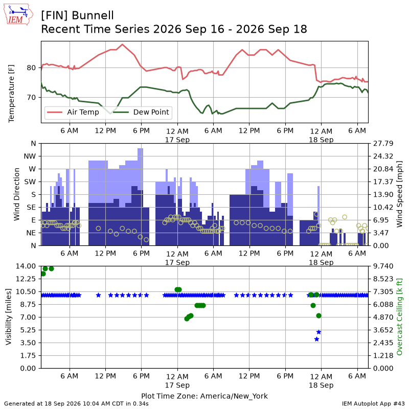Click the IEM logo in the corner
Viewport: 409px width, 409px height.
18,14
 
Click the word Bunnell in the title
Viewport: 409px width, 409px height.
93,15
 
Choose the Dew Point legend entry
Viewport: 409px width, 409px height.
141,112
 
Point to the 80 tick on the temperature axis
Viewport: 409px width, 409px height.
31,68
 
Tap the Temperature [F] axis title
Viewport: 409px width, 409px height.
11,94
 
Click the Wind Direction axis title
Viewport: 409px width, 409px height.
17,194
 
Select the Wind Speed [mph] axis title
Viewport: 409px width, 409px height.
399,194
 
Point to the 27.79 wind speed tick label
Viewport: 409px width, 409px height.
383,144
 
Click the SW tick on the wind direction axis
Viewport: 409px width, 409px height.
30,182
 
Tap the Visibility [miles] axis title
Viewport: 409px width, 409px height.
9,317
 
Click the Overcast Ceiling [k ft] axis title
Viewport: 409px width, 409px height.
399,317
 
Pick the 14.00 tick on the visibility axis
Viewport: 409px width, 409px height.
26,266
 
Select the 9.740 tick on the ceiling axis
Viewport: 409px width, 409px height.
383,266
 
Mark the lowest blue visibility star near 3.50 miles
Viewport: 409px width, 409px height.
316,339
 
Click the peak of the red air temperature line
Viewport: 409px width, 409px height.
122,44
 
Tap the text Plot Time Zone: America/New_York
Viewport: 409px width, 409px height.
204,396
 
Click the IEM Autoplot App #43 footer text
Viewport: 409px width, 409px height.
373,403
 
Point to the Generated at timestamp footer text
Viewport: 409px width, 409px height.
76,403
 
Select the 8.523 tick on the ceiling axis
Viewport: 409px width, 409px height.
383,279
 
